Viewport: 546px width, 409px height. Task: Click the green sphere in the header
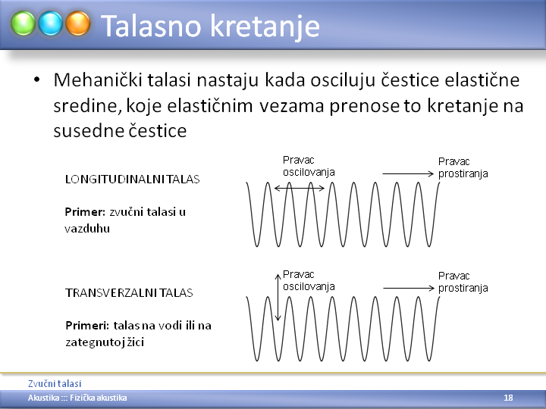23,23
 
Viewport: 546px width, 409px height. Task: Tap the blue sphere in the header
51,23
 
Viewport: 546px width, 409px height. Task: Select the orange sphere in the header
78,23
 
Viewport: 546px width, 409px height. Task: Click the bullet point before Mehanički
36,80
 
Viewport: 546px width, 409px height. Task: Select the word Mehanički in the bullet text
98,80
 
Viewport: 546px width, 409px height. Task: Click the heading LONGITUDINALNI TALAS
132,179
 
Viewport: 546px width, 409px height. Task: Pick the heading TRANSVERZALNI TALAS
129,293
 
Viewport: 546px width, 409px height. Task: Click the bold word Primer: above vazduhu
85,212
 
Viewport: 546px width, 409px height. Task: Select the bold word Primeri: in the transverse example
87,326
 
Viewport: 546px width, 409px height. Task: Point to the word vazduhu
87,229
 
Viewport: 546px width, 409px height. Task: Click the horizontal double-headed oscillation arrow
300,188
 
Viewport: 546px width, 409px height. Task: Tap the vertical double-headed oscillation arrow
278,298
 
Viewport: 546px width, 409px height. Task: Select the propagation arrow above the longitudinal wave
408,173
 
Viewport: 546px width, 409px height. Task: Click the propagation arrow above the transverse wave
409,288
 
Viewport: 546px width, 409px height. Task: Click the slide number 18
508,398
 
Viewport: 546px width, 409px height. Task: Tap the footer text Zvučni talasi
55,383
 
